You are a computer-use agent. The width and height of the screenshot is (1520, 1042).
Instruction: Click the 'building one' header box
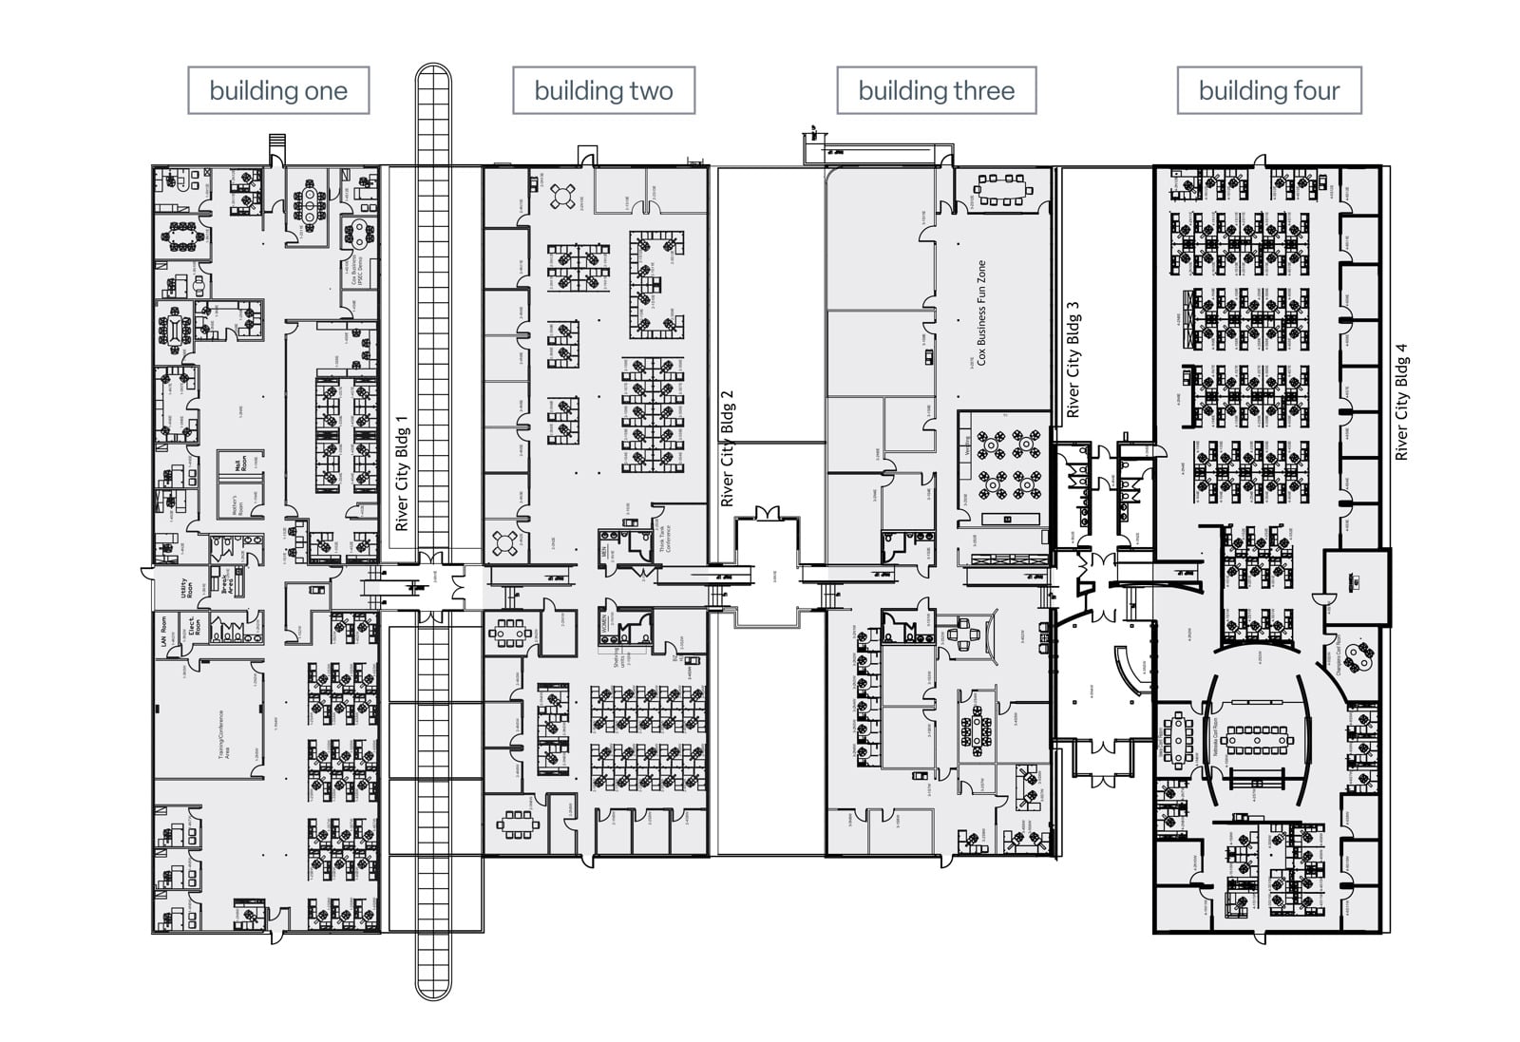click(278, 91)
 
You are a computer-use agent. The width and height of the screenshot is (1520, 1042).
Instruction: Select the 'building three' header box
click(936, 91)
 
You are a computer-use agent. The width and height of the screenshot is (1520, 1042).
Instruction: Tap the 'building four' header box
click(1268, 91)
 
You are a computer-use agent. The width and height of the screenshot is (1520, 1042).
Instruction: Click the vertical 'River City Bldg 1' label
click(402, 473)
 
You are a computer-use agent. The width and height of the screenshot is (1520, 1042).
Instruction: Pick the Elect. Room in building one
click(196, 629)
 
